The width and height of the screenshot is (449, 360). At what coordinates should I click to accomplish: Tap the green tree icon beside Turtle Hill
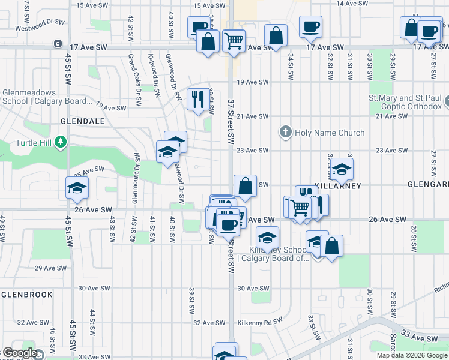click(x=60, y=142)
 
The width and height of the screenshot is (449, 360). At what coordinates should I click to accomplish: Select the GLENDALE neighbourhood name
click(x=82, y=121)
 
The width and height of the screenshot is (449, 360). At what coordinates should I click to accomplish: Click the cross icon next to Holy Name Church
click(x=285, y=132)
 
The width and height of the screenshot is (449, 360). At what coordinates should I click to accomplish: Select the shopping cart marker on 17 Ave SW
click(x=234, y=41)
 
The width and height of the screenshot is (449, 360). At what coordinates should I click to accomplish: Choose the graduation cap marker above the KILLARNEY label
click(x=342, y=170)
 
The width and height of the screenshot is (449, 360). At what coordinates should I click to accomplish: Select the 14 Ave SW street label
click(x=348, y=4)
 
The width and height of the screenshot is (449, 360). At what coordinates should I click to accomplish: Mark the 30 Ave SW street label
click(x=252, y=288)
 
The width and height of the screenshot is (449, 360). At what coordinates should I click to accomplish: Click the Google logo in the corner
click(x=20, y=353)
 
